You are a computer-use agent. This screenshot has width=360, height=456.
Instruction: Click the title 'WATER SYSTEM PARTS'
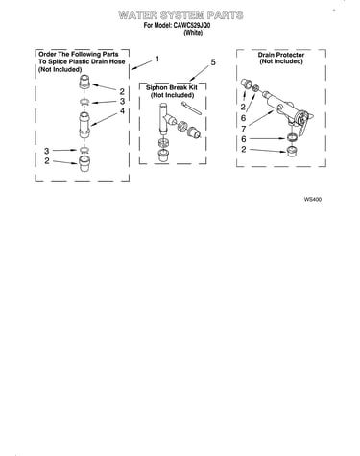pos(180,15)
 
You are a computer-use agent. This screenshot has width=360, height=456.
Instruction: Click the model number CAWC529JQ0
pos(192,25)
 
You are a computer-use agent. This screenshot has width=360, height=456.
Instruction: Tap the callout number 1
pos(157,60)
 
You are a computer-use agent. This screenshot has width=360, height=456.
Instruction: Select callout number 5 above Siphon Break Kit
pos(213,62)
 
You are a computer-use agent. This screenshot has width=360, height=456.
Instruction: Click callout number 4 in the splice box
pos(122,111)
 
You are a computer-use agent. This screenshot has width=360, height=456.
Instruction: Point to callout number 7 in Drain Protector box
pos(244,129)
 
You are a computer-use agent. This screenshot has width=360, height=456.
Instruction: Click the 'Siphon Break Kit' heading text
pos(172,87)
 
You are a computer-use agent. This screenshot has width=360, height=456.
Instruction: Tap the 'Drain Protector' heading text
pos(281,55)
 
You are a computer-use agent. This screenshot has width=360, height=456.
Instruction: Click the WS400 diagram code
pos(313,199)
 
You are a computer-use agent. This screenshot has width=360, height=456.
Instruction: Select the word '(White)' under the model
pos(193,33)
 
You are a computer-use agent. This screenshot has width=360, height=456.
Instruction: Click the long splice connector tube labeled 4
pos(84,125)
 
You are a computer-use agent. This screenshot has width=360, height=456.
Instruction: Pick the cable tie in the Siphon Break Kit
pos(191,108)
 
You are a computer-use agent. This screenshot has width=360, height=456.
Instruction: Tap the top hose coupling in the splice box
pos(84,84)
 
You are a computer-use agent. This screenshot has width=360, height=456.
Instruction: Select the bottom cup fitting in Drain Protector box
pos(291,151)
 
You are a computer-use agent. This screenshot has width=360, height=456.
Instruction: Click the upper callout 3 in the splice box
pos(122,102)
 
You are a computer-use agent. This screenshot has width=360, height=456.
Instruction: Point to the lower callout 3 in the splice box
pos(47,151)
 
